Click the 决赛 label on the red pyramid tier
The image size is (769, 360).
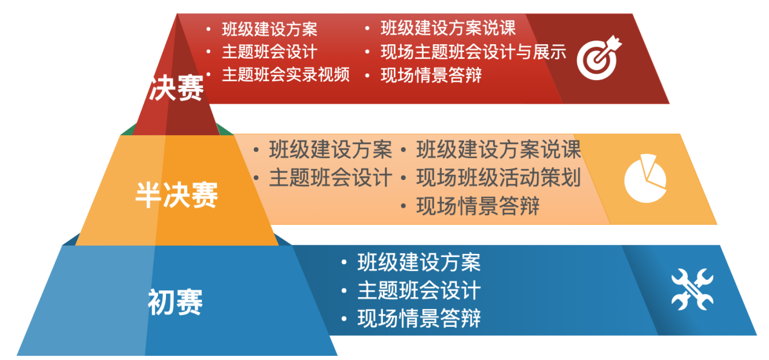click(x=176, y=88)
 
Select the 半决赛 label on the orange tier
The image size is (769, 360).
click(x=177, y=195)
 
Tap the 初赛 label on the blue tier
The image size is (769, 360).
click(x=175, y=302)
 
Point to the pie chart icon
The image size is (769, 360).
click(x=645, y=178)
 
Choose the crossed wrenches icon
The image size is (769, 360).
click(x=692, y=289)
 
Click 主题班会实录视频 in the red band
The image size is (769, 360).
click(x=285, y=75)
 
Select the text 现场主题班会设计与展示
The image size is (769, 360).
click(x=473, y=52)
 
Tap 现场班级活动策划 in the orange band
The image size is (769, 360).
click(x=499, y=178)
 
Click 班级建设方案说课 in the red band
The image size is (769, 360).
click(x=448, y=28)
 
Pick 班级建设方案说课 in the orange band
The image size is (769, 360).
click(x=499, y=149)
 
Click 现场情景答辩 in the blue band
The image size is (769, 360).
click(x=419, y=318)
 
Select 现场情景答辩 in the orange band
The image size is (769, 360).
click(x=478, y=206)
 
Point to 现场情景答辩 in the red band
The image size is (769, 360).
click(x=431, y=75)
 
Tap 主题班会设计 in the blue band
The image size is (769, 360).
click(x=419, y=290)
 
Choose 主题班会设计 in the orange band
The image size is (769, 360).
click(x=331, y=178)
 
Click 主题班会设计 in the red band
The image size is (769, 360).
click(x=270, y=52)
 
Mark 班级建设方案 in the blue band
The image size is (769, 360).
click(x=419, y=262)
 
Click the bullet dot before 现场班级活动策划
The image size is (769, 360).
click(x=404, y=178)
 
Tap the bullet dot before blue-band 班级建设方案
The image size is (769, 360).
click(x=344, y=262)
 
